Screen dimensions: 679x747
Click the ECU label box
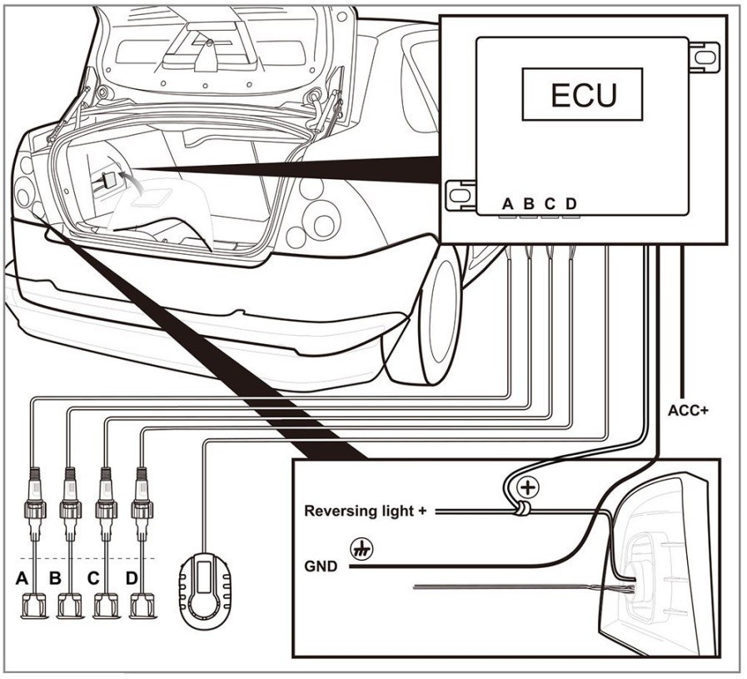pyautogui.click(x=582, y=95)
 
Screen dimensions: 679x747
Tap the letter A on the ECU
pyautogui.click(x=507, y=202)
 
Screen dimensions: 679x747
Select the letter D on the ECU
pyautogui.click(x=570, y=202)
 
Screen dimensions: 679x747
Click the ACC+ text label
pyautogui.click(x=687, y=411)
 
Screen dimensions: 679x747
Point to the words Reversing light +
pyautogui.click(x=365, y=511)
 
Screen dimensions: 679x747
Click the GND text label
pyautogui.click(x=320, y=567)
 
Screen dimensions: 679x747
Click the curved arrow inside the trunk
pyautogui.click(x=126, y=176)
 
